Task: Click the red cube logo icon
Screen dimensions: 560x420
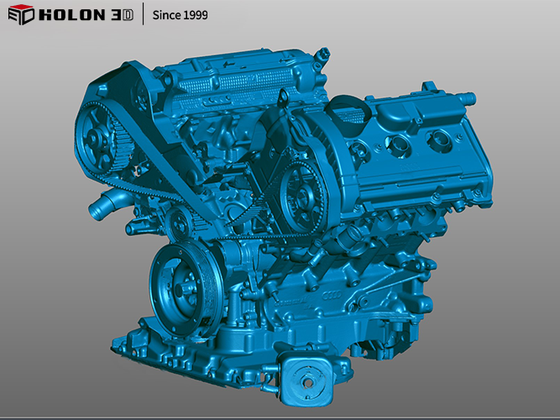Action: coord(21,14)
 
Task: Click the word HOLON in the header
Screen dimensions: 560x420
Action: coord(72,15)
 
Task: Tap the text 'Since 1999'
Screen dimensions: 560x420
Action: coord(180,15)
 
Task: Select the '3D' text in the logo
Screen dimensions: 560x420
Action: coord(122,15)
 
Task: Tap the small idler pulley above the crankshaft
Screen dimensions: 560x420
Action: coord(180,224)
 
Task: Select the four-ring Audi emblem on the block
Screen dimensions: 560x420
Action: coord(332,295)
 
